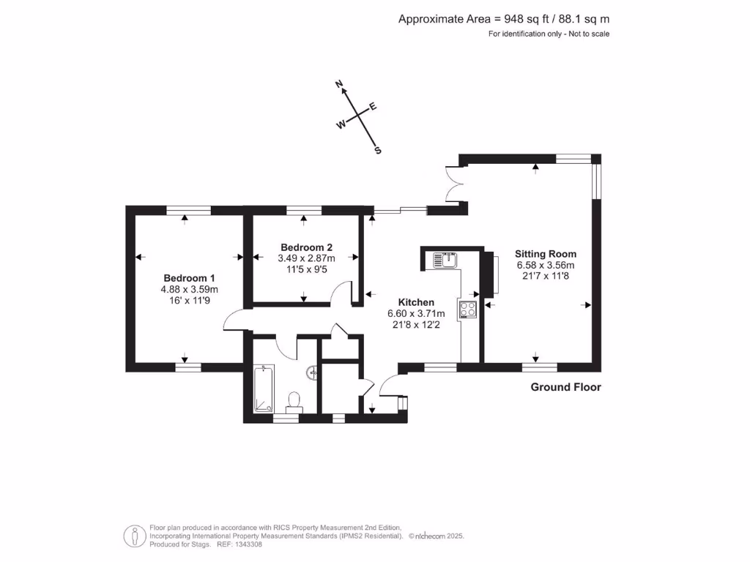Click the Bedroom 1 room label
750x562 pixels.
tap(189, 278)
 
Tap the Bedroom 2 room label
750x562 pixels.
tap(306, 247)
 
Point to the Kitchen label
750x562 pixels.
tap(416, 302)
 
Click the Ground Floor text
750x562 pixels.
tap(565, 387)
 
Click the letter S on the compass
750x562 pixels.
tap(378, 151)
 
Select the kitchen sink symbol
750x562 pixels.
tap(445, 259)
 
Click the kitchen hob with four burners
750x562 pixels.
tap(468, 310)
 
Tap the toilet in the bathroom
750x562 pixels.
tap(294, 401)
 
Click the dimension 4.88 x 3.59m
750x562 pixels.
tap(189, 289)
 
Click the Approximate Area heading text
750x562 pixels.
tap(503, 20)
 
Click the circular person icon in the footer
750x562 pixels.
tap(133, 536)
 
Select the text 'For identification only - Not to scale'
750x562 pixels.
tap(549, 34)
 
